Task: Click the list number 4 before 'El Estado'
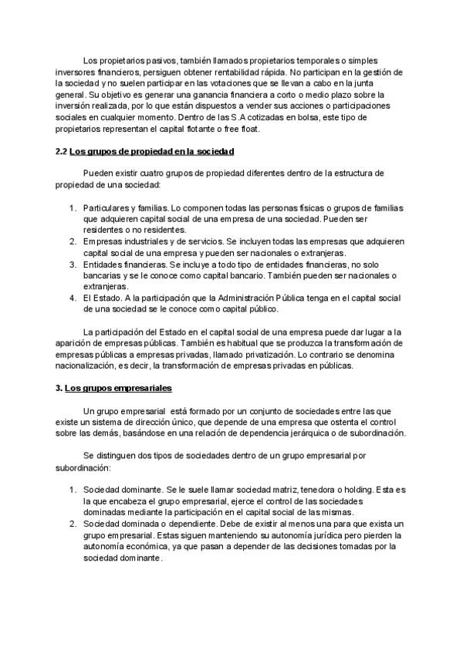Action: pos(72,298)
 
